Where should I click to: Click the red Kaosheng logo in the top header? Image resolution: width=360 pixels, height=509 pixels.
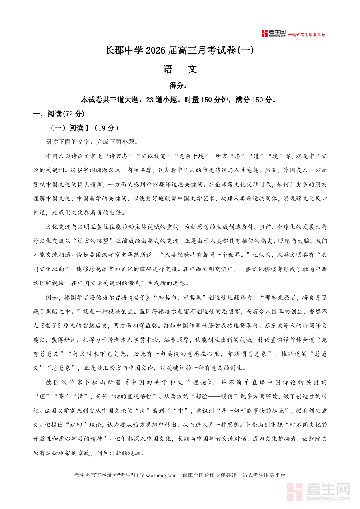click(x=274, y=34)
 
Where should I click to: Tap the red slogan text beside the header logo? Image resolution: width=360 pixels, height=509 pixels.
click(x=306, y=35)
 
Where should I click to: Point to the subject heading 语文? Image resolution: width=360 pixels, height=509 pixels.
click(x=180, y=69)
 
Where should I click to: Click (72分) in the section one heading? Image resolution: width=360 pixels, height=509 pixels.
click(x=74, y=114)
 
